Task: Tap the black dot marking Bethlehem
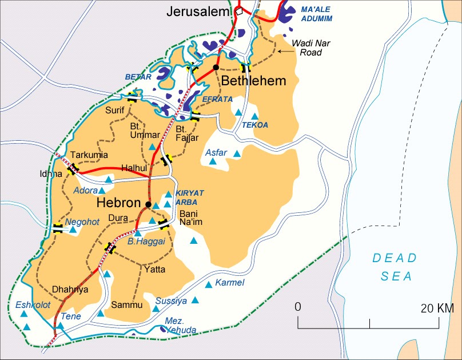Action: click(216, 68)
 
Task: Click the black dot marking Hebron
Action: click(148, 204)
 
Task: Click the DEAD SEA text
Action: click(395, 267)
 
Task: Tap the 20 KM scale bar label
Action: click(437, 308)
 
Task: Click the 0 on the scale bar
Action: click(297, 307)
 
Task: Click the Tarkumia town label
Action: click(89, 155)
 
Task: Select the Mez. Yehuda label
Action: click(181, 326)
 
